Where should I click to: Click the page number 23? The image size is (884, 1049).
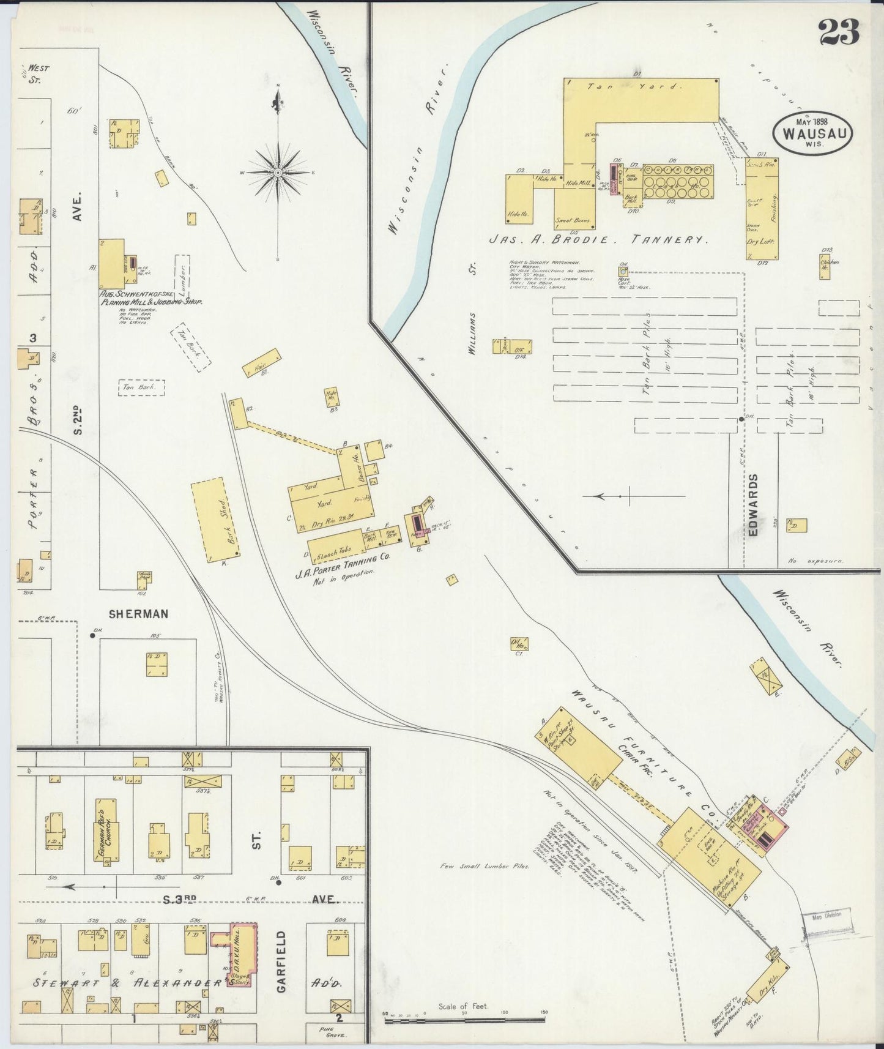839,32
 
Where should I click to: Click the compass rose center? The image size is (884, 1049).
278,173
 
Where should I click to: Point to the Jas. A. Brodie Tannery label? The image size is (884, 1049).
598,241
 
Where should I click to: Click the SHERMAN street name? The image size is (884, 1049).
138,613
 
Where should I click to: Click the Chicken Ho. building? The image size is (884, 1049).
828,266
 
